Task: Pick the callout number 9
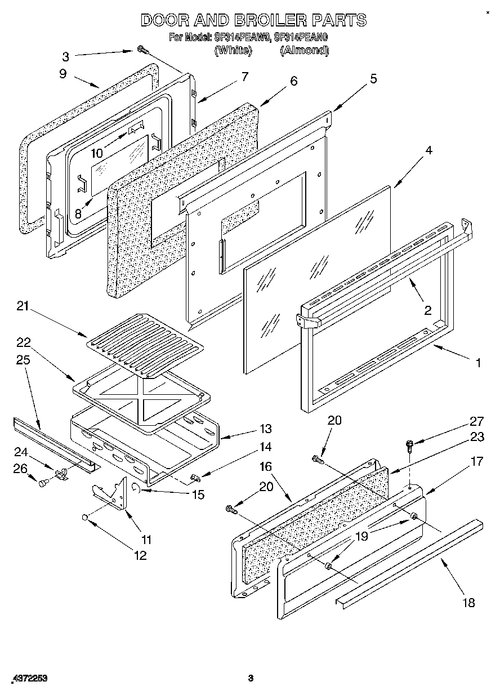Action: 62,73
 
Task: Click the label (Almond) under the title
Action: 304,50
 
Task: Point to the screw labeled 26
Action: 43,482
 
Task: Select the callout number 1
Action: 478,363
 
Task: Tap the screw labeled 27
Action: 409,446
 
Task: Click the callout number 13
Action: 265,429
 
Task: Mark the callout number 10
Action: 97,153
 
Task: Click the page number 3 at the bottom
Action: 251,678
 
